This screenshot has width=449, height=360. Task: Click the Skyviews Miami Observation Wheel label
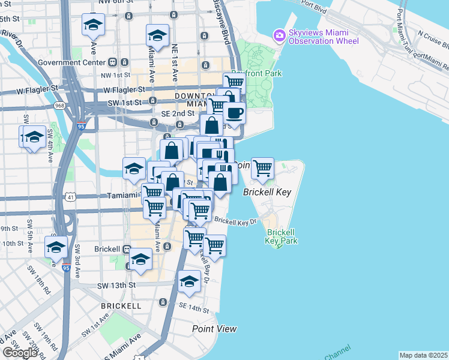click(x=323, y=37)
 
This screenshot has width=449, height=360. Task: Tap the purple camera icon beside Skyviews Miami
click(x=279, y=37)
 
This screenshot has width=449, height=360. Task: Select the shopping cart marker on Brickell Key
click(x=262, y=169)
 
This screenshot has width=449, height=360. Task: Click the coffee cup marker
click(x=234, y=113)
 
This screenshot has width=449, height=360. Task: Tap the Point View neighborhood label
click(x=214, y=329)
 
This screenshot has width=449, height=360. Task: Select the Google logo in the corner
click(x=20, y=353)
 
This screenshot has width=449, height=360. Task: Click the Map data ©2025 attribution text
click(x=423, y=355)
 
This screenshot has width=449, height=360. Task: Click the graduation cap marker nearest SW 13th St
click(x=189, y=283)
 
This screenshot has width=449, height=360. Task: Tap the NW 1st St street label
click(x=116, y=75)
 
